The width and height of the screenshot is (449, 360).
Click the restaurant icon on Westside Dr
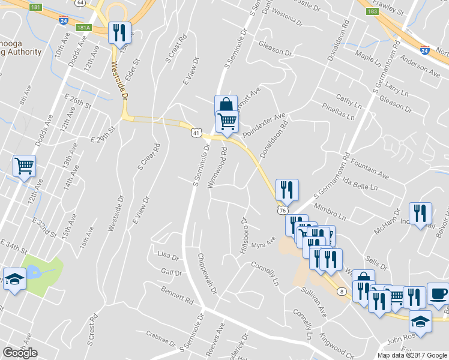119,32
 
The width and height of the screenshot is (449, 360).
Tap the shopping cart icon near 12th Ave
25,165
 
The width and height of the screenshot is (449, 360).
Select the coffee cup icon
438,293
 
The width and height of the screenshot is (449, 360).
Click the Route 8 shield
342,292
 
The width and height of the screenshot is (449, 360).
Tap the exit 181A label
83,27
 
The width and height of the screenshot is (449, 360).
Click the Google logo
20,353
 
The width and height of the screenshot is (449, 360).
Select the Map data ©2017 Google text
412,355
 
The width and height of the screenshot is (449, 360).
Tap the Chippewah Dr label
206,273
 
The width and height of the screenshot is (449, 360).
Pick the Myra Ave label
263,244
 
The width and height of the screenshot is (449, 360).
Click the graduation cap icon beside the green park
14,279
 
